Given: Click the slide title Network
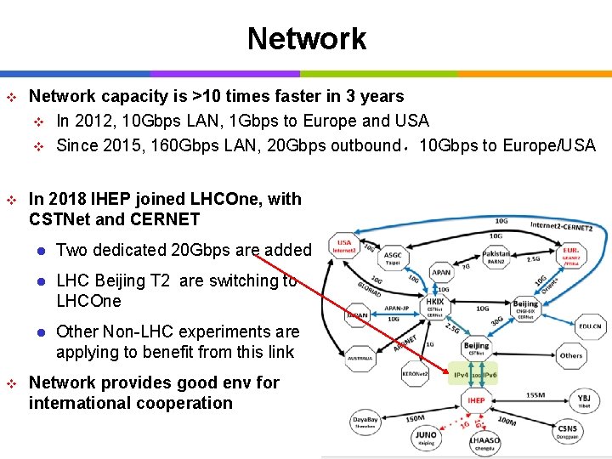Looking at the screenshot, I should (x=306, y=38).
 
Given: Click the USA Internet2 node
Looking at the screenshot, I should (x=343, y=246).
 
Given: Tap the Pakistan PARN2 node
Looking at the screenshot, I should (x=496, y=256).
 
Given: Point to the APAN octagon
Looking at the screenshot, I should (x=441, y=273).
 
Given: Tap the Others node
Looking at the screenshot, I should (x=571, y=355).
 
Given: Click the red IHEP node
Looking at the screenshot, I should (x=476, y=400).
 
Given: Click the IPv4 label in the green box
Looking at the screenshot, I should (x=462, y=375).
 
